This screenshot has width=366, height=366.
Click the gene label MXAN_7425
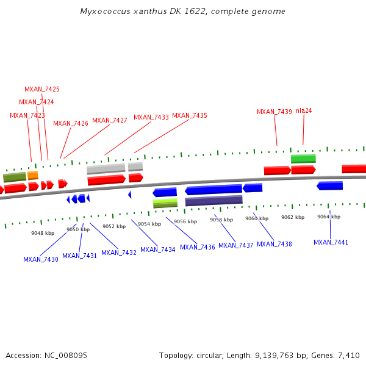click(42, 89)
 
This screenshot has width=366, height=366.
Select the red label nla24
click(304, 110)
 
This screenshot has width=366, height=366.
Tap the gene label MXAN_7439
click(274, 112)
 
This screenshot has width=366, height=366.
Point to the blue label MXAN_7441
click(331, 242)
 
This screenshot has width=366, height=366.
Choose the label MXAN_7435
click(189, 115)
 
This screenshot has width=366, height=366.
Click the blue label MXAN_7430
click(41, 259)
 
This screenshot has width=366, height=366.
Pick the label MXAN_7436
click(197, 247)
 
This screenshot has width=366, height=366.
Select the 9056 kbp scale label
click(185, 221)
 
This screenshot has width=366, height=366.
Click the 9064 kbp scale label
click(328, 217)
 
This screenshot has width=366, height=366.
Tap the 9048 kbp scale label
click(43, 233)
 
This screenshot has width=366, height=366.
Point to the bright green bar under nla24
click(303, 159)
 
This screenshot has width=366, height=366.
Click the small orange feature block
click(32, 175)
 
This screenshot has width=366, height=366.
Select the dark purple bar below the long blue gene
click(213, 200)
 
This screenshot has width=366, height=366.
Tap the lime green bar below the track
click(165, 203)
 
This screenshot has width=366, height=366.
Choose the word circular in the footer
click(212, 355)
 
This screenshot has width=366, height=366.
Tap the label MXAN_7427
click(109, 120)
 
